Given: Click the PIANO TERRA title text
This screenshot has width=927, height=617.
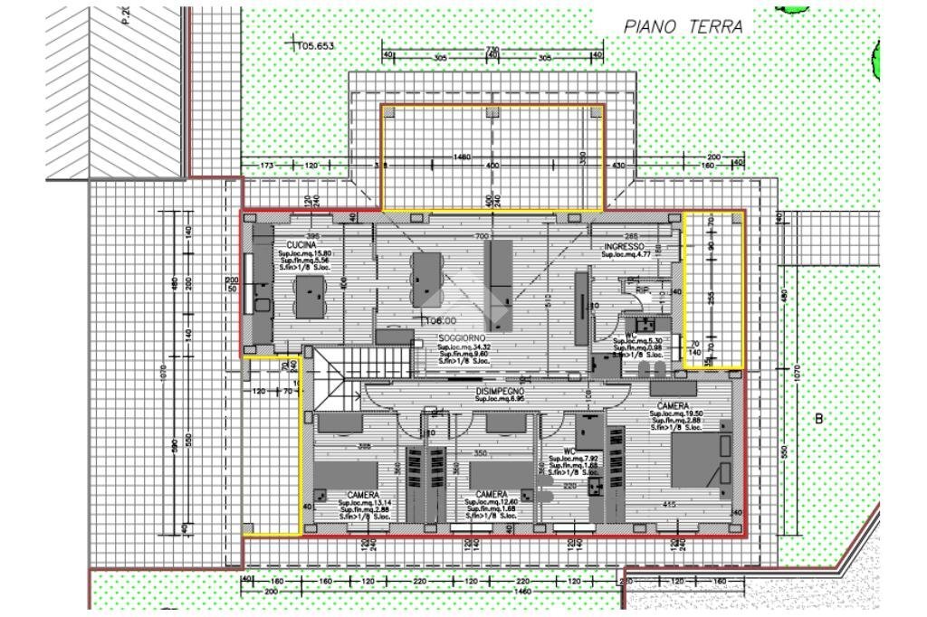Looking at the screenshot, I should (x=683, y=27).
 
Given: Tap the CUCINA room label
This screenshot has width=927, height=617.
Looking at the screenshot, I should (x=301, y=245).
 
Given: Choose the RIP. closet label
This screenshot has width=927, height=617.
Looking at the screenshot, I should (x=643, y=290).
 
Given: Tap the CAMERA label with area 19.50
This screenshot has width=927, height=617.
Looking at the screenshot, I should (x=674, y=405).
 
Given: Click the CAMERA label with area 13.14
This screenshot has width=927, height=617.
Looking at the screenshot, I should (x=363, y=495).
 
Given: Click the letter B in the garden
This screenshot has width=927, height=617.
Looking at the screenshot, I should (x=820, y=419).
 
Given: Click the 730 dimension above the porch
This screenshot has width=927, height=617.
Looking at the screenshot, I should (x=492, y=49).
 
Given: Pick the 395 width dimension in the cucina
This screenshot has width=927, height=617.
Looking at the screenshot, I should (x=313, y=235).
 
